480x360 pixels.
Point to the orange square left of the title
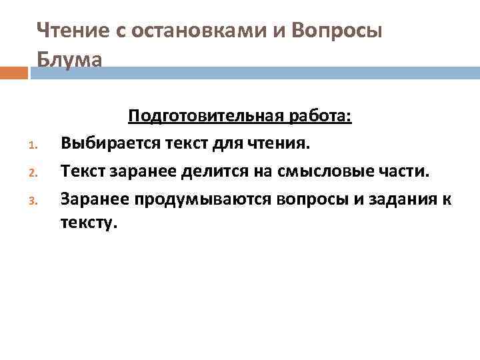pos(14,72)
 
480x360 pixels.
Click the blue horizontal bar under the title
pos(253,72)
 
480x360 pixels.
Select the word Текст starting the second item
pos(81,171)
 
